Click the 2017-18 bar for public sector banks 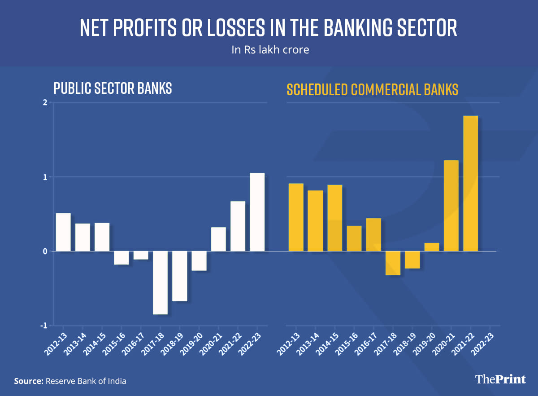160,282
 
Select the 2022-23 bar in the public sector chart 257,212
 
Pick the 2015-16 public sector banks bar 121,258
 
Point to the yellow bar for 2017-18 393,263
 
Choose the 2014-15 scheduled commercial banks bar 334,218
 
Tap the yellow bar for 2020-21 451,206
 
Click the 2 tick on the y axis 45,102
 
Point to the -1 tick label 44,326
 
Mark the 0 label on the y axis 45,251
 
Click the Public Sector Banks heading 113,88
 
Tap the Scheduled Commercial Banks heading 372,89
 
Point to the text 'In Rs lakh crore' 270,50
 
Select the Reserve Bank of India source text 85,381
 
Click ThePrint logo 500,379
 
